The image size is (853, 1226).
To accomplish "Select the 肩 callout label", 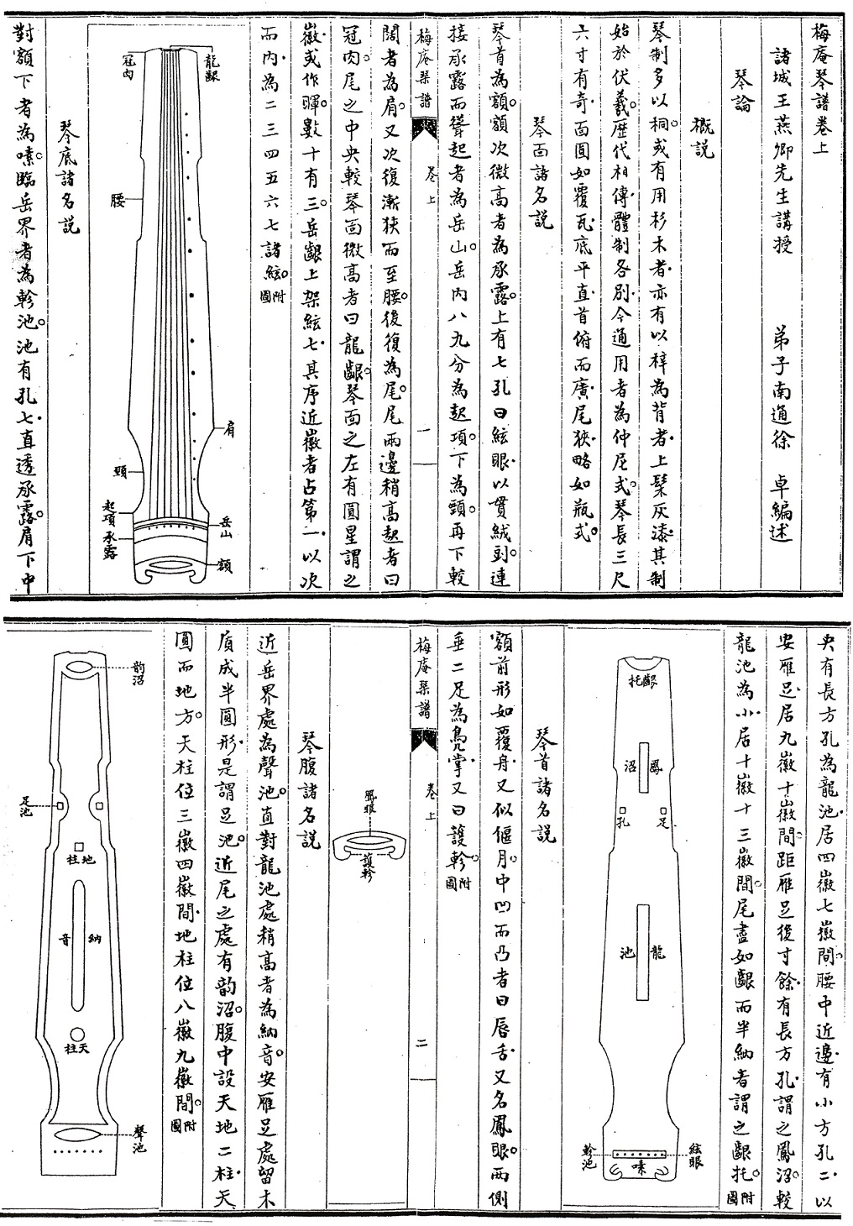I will (228, 430).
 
